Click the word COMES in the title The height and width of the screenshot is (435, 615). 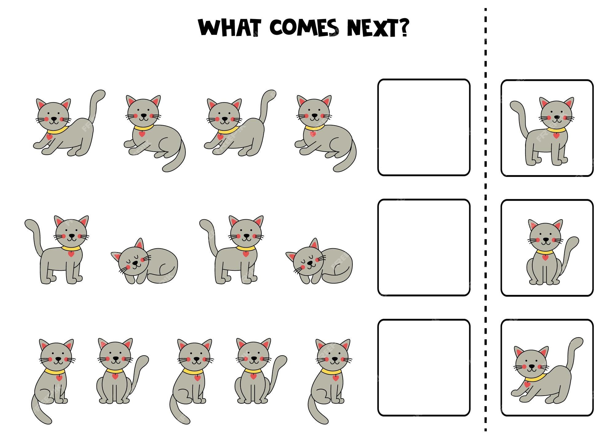304,28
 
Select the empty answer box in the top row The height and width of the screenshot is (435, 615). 424,127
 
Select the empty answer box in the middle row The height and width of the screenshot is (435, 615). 424,247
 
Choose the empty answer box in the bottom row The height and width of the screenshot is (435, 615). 424,368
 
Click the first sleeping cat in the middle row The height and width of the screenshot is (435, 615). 145,261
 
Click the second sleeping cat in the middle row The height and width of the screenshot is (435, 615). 319,261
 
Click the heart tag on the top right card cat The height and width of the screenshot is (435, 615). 556,136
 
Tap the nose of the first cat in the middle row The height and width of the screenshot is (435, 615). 72,236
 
